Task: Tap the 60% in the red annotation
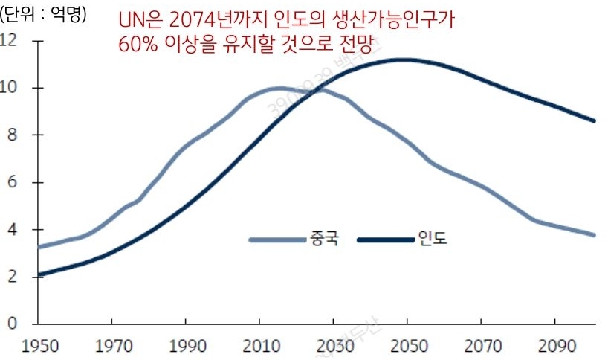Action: tap(137, 44)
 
